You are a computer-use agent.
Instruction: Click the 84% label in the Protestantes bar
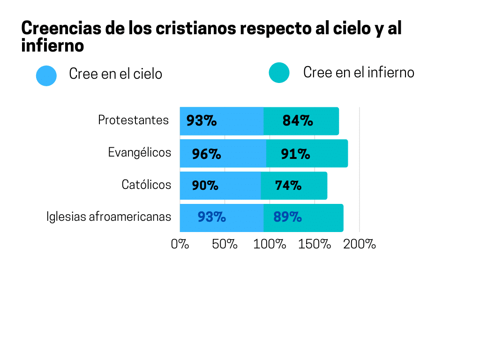[x=298, y=121]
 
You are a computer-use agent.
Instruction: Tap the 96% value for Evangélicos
[x=206, y=154]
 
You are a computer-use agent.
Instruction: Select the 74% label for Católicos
[x=288, y=186]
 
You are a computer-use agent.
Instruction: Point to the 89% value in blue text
[x=287, y=217]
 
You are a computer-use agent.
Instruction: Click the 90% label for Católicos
[x=205, y=186]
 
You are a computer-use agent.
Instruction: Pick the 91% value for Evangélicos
[x=295, y=154]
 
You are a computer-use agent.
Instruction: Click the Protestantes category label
[x=133, y=120]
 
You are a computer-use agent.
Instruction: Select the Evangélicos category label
[x=139, y=152]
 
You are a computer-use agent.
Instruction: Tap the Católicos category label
[x=146, y=185]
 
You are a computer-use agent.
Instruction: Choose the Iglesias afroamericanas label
[x=109, y=217]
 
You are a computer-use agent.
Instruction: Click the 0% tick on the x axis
[x=180, y=244]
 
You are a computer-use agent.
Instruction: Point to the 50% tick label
[x=225, y=244]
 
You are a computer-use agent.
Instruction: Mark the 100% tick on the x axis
[x=270, y=244]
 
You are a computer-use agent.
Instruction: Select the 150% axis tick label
[x=315, y=244]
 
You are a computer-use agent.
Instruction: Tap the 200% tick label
[x=360, y=244]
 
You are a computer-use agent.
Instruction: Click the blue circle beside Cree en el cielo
[x=46, y=75]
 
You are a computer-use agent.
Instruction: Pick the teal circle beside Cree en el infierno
[x=279, y=73]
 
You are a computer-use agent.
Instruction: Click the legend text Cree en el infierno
[x=359, y=73]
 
